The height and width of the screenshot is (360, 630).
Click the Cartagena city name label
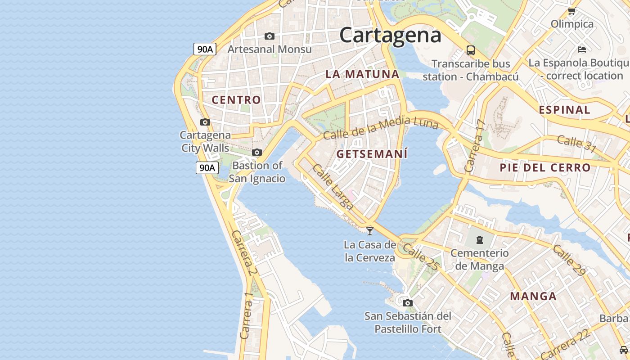390,35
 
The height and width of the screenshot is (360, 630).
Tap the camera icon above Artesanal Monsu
270,36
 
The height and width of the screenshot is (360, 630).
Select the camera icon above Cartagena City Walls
205,122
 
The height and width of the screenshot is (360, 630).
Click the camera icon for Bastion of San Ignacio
257,152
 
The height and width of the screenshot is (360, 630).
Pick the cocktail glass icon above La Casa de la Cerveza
370,231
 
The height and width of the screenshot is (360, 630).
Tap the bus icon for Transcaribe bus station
471,50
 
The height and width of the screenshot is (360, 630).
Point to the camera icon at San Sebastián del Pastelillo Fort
408,303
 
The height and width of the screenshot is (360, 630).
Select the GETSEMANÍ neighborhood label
372,154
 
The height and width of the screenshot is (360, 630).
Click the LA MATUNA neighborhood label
362,74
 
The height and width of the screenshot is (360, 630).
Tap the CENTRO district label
236,100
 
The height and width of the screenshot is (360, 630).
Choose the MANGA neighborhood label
533,296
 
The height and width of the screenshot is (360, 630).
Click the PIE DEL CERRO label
545,168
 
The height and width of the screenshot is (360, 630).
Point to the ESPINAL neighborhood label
564,110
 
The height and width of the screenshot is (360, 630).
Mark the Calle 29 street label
569,260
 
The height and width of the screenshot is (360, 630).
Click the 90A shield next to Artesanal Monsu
205,49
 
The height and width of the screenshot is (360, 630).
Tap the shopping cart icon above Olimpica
571,11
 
